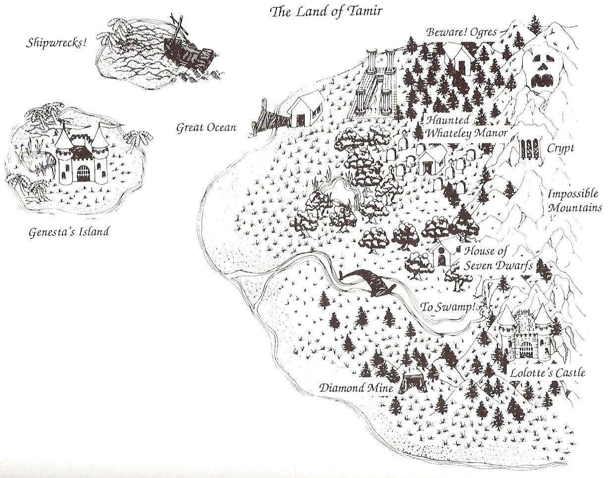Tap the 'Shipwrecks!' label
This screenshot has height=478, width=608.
(56, 43)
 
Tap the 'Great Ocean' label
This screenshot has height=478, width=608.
(206, 128)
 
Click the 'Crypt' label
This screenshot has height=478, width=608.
(560, 148)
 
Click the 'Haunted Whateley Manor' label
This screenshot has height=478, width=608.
(466, 127)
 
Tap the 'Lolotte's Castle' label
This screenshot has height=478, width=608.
(549, 372)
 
